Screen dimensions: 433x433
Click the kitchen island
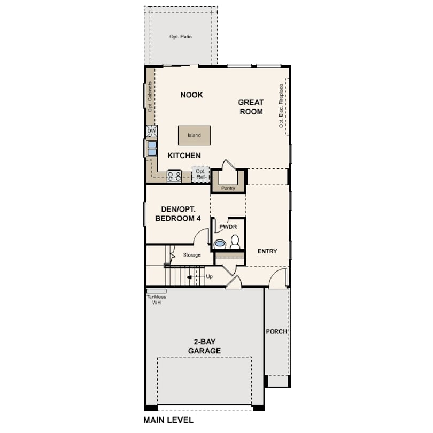pyautogui.click(x=194, y=135)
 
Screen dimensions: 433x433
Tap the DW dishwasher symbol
pyautogui.click(x=152, y=131)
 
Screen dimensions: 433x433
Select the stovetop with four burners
pyautogui.click(x=174, y=176)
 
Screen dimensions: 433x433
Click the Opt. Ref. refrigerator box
pyautogui.click(x=201, y=174)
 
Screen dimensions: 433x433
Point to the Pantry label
pyautogui.click(x=228, y=188)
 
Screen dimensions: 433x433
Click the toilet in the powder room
pyautogui.click(x=235, y=242)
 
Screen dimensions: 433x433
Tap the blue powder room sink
pyautogui.click(x=220, y=244)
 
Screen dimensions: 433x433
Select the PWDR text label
pyautogui.click(x=228, y=227)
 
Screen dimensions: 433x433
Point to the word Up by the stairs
pyautogui.click(x=210, y=276)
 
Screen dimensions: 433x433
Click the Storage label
pyautogui.click(x=192, y=255)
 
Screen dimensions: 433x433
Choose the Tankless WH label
pyautogui.click(x=156, y=299)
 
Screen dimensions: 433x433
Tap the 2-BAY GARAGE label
pyautogui.click(x=204, y=346)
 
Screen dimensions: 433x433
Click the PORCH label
pyautogui.click(x=276, y=331)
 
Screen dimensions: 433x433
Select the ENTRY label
pyautogui.click(x=267, y=251)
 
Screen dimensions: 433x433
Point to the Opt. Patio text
pyautogui.click(x=181, y=37)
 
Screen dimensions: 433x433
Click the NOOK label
pyautogui.click(x=192, y=95)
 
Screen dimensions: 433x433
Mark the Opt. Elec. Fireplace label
pyautogui.click(x=281, y=106)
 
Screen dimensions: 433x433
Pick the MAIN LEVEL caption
pyautogui.click(x=168, y=420)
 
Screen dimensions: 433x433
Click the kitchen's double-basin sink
pyautogui.click(x=152, y=149)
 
